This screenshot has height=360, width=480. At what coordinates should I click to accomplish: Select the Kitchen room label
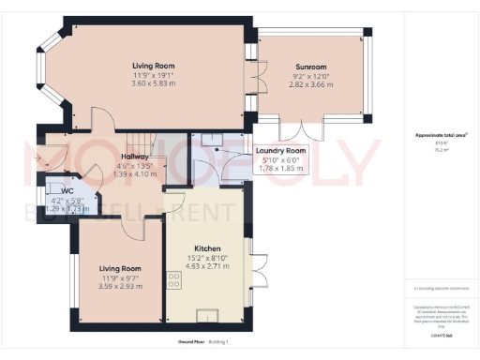point(207,248)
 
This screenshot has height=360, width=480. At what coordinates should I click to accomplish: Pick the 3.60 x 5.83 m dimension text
point(152,83)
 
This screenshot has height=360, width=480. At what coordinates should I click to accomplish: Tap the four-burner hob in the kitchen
point(173,277)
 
